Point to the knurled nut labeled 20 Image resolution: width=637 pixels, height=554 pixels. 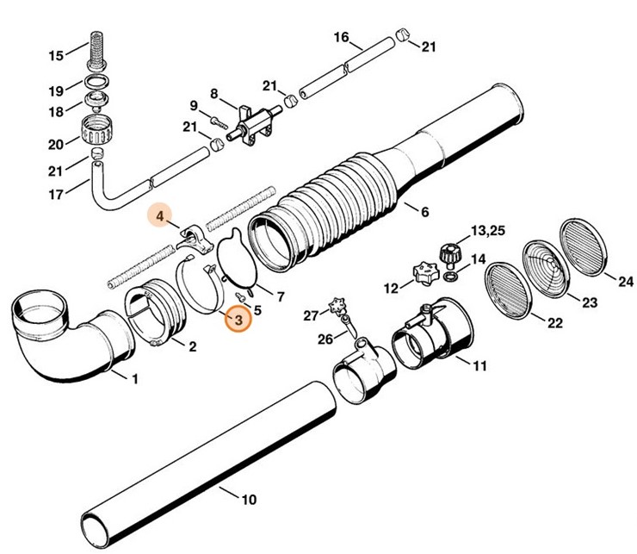click(97, 132)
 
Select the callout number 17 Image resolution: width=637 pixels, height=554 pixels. click(55, 195)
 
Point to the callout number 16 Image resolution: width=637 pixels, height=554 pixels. click(341, 37)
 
